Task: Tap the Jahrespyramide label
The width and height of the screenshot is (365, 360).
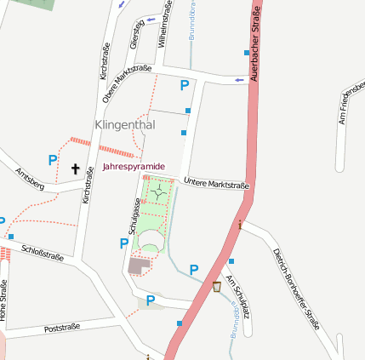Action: click(x=134, y=167)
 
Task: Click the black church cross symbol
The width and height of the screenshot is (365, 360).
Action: click(x=75, y=169)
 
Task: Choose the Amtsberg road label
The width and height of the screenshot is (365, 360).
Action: click(x=30, y=179)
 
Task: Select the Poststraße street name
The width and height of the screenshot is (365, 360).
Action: click(x=62, y=326)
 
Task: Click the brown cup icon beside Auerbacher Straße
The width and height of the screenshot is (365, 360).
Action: click(x=217, y=287)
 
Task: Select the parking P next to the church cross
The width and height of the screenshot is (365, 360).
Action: click(x=53, y=159)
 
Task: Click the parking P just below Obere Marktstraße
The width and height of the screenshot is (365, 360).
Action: click(x=184, y=85)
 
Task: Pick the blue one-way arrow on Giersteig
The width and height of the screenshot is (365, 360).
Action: click(x=151, y=19)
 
